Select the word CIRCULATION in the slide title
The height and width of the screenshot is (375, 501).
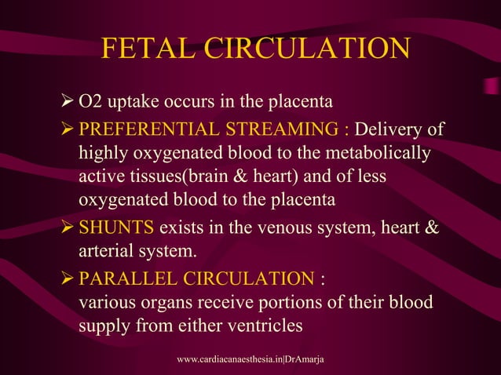click(x=308, y=49)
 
